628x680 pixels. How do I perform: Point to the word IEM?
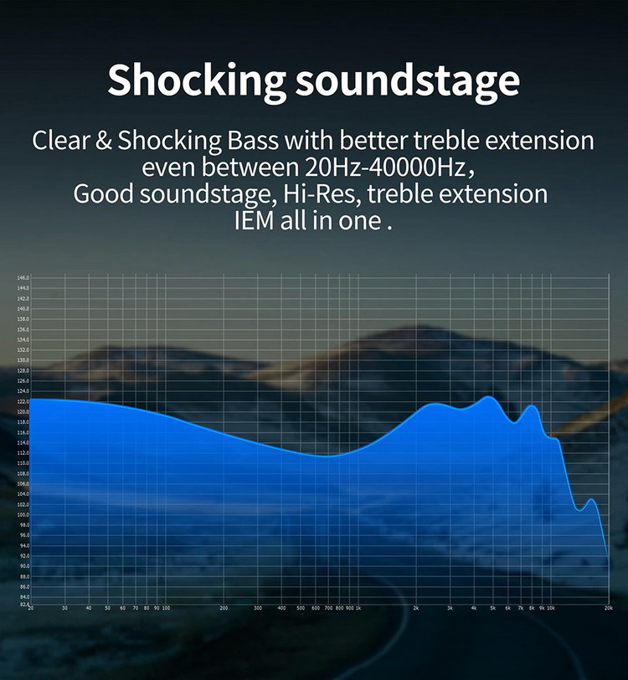[x=255, y=222]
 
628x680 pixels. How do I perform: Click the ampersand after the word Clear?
[x=104, y=140]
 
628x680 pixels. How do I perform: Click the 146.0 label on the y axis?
[x=23, y=278]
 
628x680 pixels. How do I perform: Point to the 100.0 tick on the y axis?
[x=23, y=514]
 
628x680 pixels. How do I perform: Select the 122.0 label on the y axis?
[x=23, y=401]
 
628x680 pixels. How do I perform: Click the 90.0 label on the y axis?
[x=23, y=565]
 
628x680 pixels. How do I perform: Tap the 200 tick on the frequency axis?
[x=224, y=608]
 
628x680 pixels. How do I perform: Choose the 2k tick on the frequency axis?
[x=416, y=608]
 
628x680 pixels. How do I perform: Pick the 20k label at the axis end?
[x=608, y=608]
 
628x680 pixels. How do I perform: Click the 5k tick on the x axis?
[x=493, y=608]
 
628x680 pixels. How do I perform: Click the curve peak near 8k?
[x=532, y=406]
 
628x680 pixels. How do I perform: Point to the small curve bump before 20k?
[x=591, y=499]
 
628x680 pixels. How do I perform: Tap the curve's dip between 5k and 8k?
[x=515, y=422]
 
